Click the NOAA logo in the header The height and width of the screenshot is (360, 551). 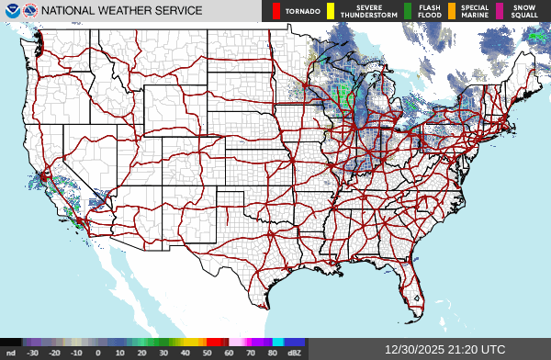click(x=12, y=11)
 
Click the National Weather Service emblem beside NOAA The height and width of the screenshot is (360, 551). click(x=31, y=11)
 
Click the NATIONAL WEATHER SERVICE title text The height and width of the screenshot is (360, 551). click(x=121, y=11)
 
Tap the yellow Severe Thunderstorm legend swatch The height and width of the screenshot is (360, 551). click(x=322, y=11)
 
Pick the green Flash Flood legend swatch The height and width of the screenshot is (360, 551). click(x=408, y=11)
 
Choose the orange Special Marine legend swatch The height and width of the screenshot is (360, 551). click(x=452, y=11)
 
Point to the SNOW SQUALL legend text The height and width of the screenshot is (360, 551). click(x=524, y=11)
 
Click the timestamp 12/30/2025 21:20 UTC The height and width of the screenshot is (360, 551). click(x=445, y=350)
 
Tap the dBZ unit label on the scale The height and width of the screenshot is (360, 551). click(x=295, y=352)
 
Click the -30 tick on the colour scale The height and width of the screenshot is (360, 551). click(x=33, y=352)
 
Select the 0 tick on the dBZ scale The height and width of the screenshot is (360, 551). click(x=98, y=352)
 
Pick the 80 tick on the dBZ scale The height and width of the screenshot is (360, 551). click(x=273, y=352)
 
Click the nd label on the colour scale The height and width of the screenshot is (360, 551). click(x=11, y=352)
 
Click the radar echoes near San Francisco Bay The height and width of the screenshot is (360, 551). click(x=45, y=174)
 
